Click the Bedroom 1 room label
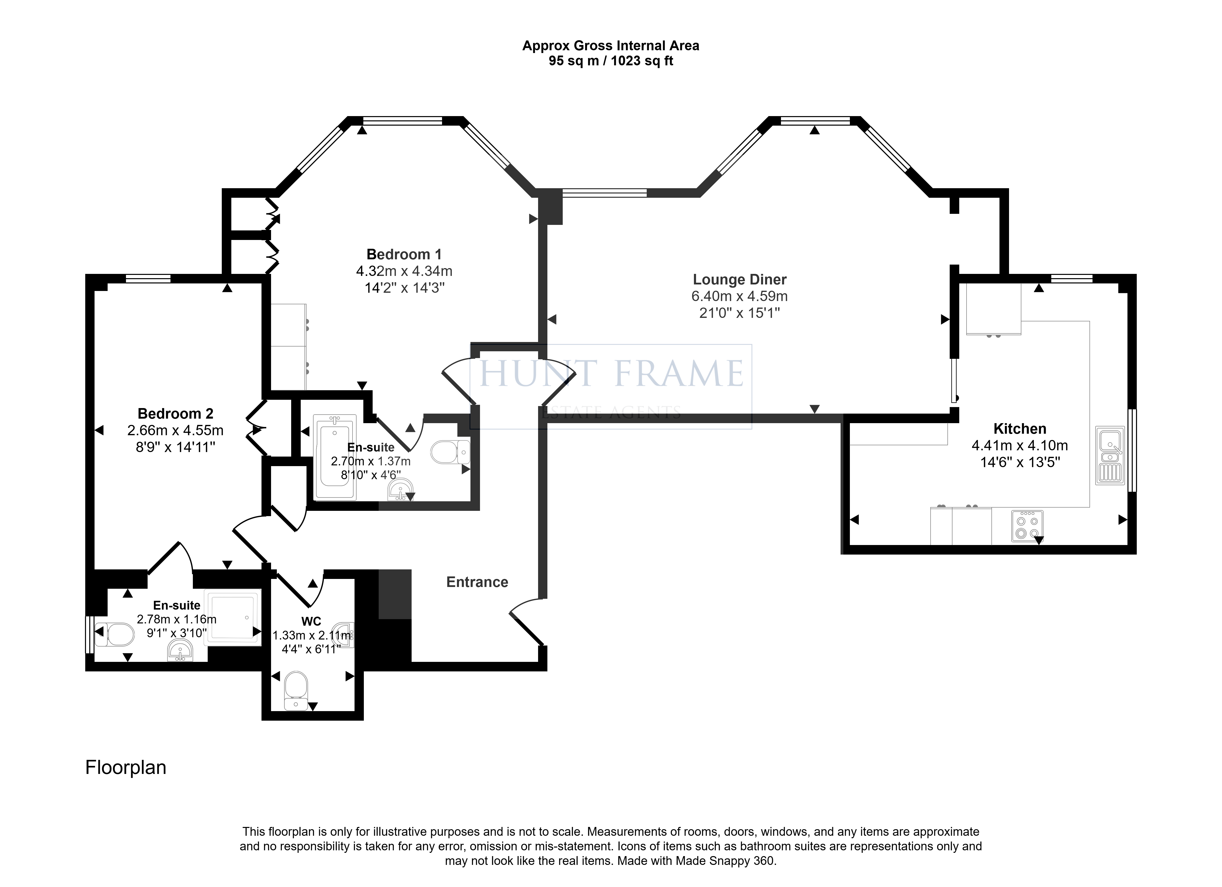[404, 254]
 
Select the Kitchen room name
[1020, 429]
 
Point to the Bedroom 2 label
[176, 414]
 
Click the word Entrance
[477, 582]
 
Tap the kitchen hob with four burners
[1027, 526]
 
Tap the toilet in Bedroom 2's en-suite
[114, 635]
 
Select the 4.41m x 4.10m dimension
[1020, 446]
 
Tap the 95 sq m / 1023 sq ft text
[611, 61]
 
